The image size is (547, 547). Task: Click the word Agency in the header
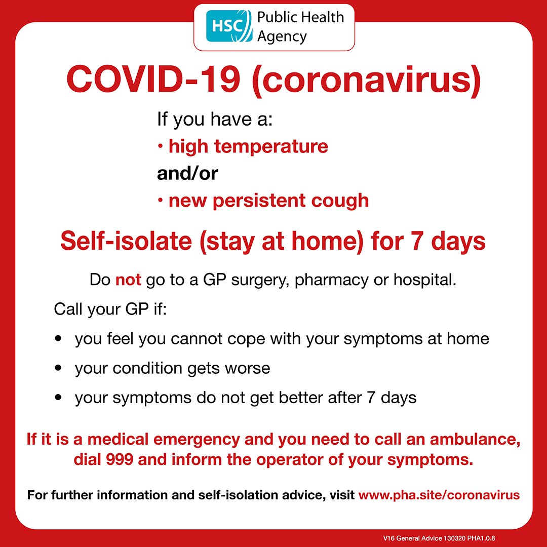click(x=282, y=36)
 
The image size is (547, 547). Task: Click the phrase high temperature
click(x=248, y=147)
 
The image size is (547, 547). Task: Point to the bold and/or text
click(x=187, y=174)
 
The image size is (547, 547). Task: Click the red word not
click(x=128, y=280)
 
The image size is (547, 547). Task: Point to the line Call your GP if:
click(x=110, y=308)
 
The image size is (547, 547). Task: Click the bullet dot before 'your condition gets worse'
click(x=60, y=368)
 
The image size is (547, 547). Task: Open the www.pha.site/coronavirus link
click(x=439, y=494)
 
